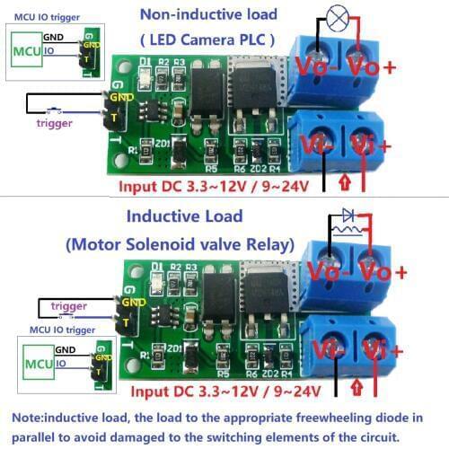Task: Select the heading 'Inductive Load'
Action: click(184, 216)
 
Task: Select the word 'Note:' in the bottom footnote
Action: click(31, 418)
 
